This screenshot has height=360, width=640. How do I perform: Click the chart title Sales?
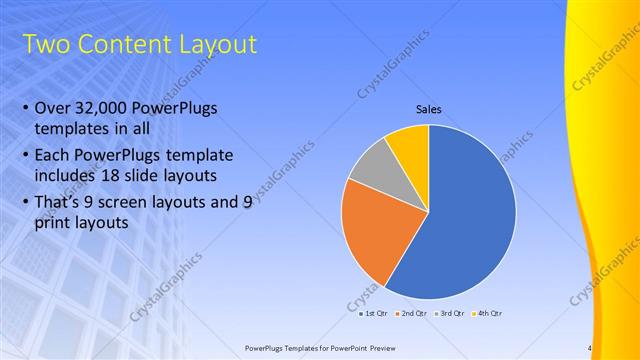[429, 109]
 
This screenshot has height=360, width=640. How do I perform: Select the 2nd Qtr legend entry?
[413, 313]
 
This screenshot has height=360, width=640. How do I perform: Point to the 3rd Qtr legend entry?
[452, 313]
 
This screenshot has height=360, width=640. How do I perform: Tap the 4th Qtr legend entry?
[490, 313]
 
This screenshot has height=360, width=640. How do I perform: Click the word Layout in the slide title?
[211, 45]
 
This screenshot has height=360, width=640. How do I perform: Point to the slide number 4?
[590, 348]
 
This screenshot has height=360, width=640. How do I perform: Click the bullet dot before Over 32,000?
[25, 108]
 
